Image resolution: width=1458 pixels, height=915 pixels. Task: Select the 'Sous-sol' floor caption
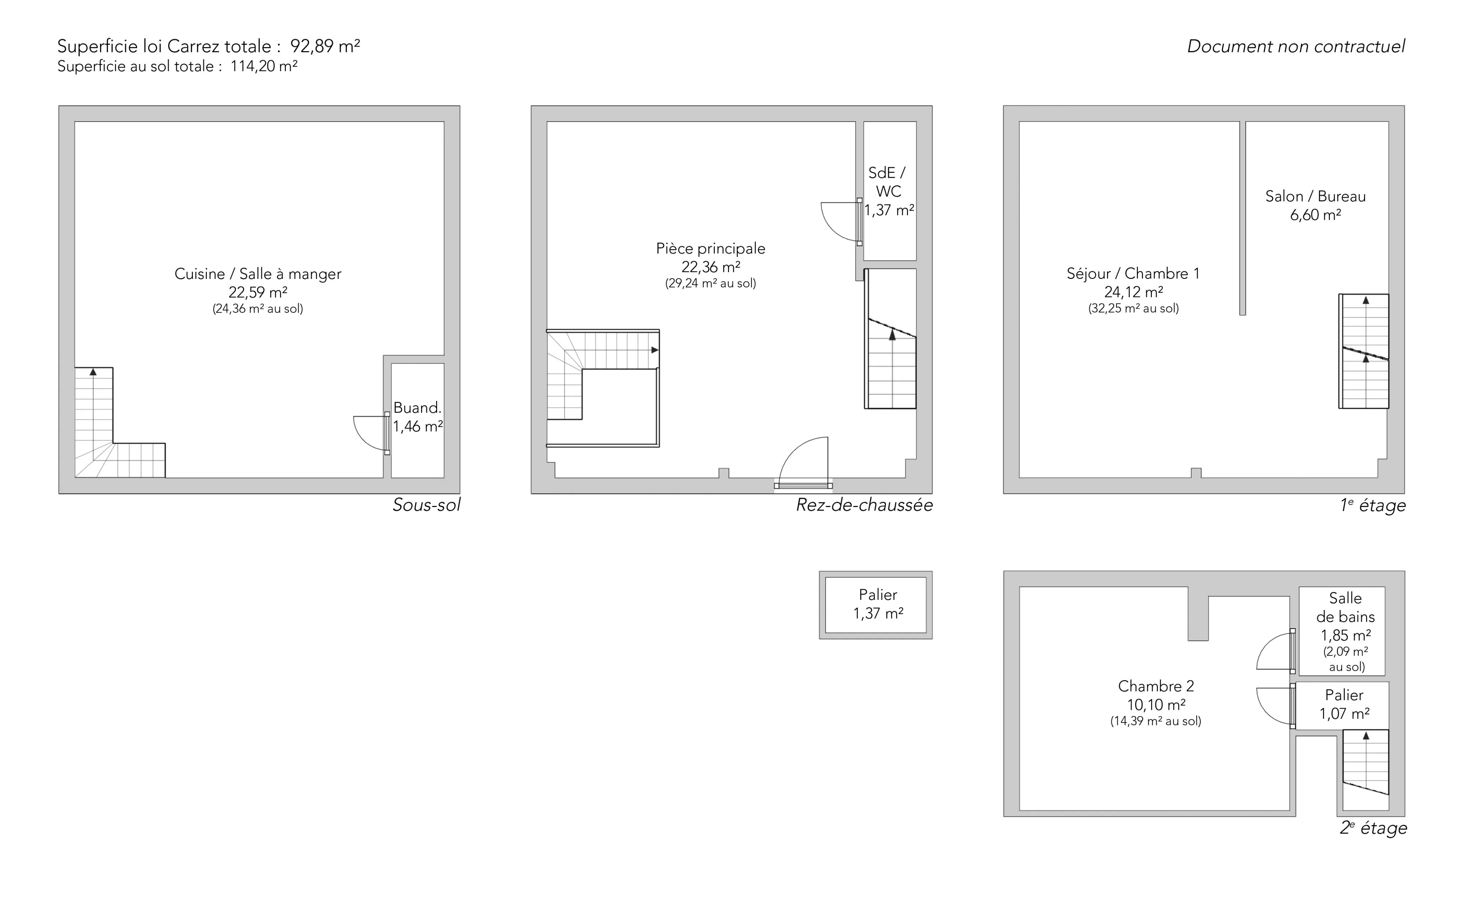(426, 505)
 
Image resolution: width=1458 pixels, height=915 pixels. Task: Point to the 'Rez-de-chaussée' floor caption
(864, 505)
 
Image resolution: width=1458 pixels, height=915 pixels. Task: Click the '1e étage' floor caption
(1373, 505)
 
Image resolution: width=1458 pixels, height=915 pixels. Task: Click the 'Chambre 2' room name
(1156, 686)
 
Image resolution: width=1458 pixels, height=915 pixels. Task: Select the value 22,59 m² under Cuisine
(258, 292)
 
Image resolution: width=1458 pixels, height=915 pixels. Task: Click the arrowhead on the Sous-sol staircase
(93, 371)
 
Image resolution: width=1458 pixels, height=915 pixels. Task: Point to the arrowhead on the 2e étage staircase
(1366, 736)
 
